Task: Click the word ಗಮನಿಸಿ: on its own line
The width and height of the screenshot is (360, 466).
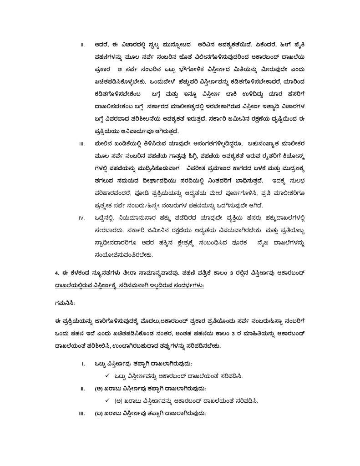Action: tap(62, 301)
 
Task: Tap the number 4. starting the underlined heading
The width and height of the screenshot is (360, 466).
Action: tap(57, 273)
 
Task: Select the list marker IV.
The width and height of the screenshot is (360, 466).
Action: tap(83, 218)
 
